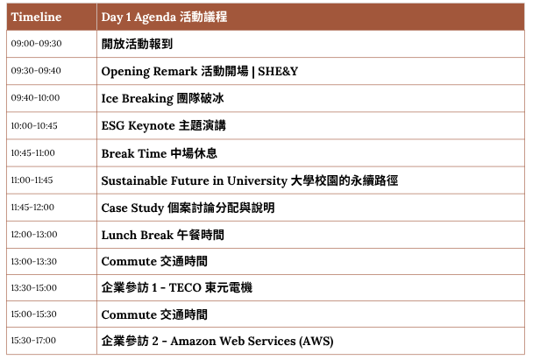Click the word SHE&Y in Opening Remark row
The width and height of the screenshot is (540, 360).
(278, 71)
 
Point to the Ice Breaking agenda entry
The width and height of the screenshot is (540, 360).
(162, 98)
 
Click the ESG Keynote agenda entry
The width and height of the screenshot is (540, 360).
(164, 125)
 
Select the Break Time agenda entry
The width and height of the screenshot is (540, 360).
(160, 153)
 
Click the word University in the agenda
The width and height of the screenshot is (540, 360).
(257, 180)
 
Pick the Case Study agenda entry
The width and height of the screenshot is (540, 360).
(188, 208)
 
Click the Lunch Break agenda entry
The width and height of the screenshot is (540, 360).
(162, 235)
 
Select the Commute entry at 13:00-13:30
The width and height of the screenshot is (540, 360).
(154, 261)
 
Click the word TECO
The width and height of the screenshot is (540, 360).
(185, 287)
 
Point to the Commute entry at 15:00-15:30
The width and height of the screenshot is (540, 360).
(154, 314)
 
